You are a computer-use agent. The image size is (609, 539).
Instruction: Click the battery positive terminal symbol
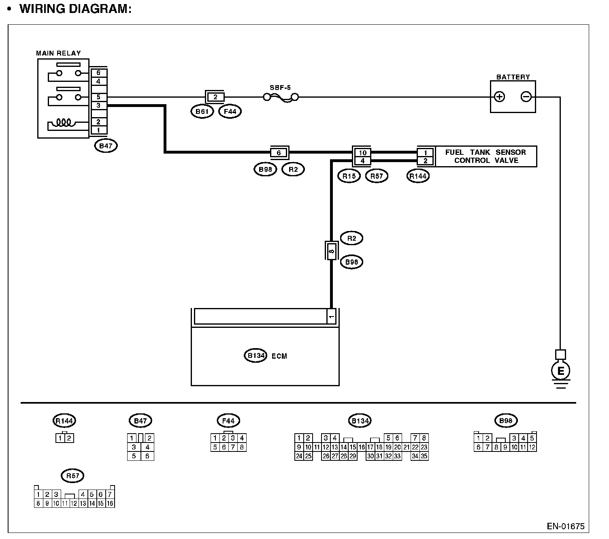(x=500, y=97)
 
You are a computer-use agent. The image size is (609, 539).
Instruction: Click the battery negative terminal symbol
(x=526, y=97)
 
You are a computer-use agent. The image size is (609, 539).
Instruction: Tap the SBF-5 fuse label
(x=280, y=88)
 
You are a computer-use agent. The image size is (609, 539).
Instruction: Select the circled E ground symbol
(x=561, y=370)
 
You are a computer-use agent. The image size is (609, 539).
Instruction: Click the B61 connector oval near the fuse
(x=202, y=111)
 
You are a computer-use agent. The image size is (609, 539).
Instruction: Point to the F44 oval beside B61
(x=230, y=111)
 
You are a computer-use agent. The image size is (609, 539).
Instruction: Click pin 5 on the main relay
(x=98, y=97)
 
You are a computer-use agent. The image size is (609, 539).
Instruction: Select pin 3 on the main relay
(x=98, y=105)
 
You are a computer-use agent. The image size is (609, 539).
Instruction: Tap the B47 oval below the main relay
(x=106, y=146)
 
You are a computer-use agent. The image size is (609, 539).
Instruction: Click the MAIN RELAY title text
(x=58, y=53)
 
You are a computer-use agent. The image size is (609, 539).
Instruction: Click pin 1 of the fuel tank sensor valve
(x=426, y=153)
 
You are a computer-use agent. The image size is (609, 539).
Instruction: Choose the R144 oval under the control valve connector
(x=418, y=176)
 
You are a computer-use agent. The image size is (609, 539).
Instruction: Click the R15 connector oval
(x=349, y=176)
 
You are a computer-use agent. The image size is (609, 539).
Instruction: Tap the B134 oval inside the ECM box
(x=256, y=356)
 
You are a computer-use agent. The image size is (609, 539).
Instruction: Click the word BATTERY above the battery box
(x=513, y=77)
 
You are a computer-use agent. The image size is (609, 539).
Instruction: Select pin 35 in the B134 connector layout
(x=424, y=456)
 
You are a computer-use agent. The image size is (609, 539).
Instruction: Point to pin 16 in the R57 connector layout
(x=110, y=504)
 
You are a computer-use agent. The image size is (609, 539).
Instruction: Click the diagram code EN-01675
(x=566, y=526)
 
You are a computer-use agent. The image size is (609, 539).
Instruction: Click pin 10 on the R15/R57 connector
(x=362, y=153)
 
